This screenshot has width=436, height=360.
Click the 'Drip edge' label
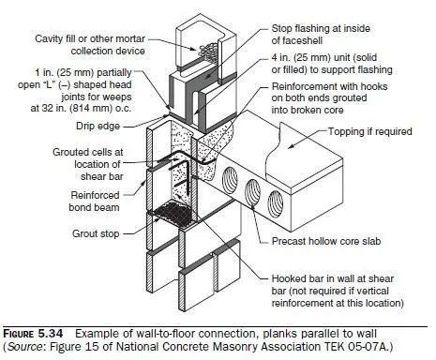98,126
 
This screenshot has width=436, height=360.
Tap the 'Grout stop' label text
96,233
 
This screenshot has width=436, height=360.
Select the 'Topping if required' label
369,131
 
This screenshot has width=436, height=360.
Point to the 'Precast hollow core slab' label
326,241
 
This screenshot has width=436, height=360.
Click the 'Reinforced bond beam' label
95,202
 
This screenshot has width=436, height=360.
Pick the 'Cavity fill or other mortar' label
90,39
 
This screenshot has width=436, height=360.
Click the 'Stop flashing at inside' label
321,28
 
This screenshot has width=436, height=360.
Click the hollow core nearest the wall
230,181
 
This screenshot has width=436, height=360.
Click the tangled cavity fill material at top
208,52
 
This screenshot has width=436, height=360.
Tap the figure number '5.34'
51,334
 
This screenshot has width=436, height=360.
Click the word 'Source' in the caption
24,347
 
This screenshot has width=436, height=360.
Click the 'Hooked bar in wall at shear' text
333,278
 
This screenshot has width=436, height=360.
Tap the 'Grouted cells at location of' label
88,158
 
